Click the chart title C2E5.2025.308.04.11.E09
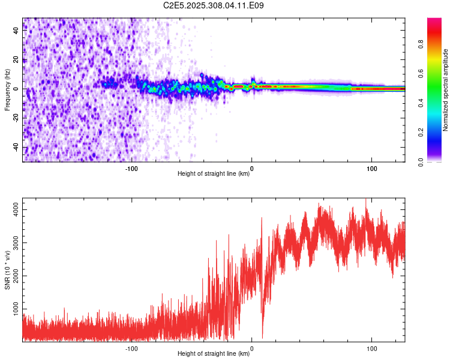(x=214, y=5)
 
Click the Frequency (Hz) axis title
(x=7, y=89)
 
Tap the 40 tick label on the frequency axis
(x=16, y=31)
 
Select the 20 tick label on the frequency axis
(x=16, y=60)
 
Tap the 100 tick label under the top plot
(x=371, y=168)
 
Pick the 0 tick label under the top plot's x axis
(x=251, y=168)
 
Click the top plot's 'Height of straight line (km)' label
(x=214, y=175)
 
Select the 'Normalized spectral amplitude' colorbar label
(x=446, y=89)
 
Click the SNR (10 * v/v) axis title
(x=7, y=269)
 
